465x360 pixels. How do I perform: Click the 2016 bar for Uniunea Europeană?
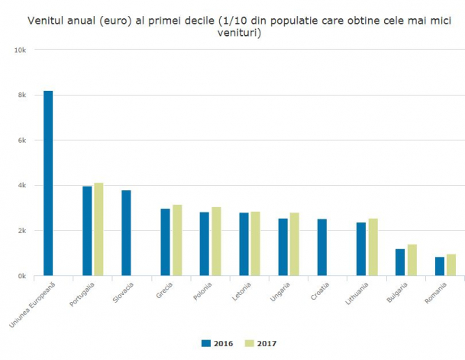pyautogui.click(x=48, y=183)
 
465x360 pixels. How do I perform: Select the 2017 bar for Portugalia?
pyautogui.click(x=98, y=229)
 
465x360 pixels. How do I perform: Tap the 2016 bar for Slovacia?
pyautogui.click(x=126, y=233)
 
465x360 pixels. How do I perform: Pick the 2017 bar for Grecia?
pyautogui.click(x=177, y=240)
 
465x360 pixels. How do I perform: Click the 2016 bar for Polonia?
pyautogui.click(x=205, y=244)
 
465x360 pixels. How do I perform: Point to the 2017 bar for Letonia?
pyautogui.click(x=255, y=244)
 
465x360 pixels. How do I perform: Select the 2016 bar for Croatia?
pyautogui.click(x=322, y=248)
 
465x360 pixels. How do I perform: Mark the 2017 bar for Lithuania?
pyautogui.click(x=373, y=247)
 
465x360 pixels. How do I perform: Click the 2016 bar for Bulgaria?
pyautogui.click(x=400, y=262)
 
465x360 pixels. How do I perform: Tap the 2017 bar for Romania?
pyautogui.click(x=451, y=264)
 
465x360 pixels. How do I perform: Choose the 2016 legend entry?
pyautogui.click(x=217, y=343)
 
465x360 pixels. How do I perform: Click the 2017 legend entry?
pyautogui.click(x=260, y=343)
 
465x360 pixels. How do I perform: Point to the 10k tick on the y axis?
pyautogui.click(x=20, y=50)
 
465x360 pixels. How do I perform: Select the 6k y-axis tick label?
pyautogui.click(x=22, y=141)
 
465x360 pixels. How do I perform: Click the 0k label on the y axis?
pyautogui.click(x=22, y=276)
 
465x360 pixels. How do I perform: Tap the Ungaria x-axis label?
pyautogui.click(x=280, y=292)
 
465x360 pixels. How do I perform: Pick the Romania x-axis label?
pyautogui.click(x=436, y=293)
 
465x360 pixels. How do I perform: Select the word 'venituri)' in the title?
pyautogui.click(x=239, y=33)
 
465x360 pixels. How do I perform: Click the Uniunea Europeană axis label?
pyautogui.click(x=33, y=305)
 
